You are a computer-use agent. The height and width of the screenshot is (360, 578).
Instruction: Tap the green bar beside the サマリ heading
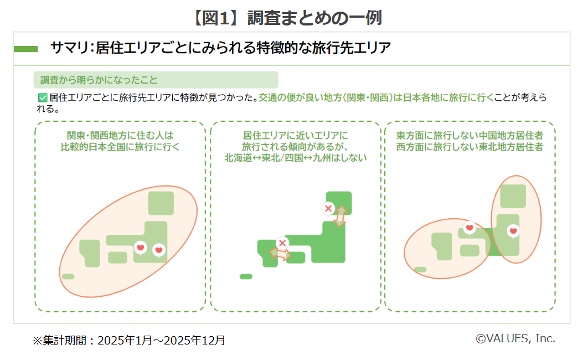click(x=25, y=49)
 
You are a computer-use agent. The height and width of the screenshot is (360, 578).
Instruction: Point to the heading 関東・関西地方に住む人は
click(x=120, y=135)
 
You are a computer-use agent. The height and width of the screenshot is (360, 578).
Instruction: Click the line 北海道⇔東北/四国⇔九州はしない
click(x=295, y=157)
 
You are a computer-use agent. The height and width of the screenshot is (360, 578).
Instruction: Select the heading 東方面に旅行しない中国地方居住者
click(x=469, y=135)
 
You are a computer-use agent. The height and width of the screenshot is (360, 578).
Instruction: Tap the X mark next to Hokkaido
click(x=328, y=209)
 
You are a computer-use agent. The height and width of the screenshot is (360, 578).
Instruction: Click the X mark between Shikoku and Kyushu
click(x=282, y=243)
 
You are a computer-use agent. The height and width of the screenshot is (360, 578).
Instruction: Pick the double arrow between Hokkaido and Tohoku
click(x=340, y=216)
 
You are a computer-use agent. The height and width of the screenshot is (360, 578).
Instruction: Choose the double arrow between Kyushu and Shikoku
click(x=280, y=254)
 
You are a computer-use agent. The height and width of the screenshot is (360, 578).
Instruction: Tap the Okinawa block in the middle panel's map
click(x=246, y=276)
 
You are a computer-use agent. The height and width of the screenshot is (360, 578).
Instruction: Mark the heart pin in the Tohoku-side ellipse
click(x=513, y=230)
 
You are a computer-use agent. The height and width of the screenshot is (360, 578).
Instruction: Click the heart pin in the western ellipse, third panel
click(x=469, y=227)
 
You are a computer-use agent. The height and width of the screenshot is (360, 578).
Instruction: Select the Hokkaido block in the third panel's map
click(x=513, y=196)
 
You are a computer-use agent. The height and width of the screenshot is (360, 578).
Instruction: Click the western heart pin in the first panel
click(x=141, y=247)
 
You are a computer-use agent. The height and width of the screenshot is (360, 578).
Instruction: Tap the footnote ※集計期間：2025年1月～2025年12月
click(x=128, y=340)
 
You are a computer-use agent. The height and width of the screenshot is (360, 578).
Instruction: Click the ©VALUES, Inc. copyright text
click(x=515, y=338)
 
